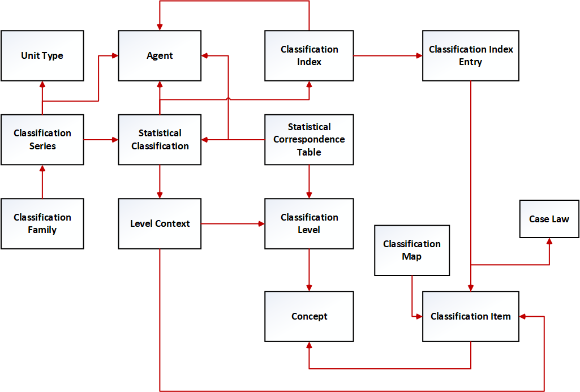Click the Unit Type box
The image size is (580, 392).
[x=42, y=55]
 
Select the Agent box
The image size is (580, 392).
[x=160, y=55]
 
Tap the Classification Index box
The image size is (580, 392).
[x=309, y=55]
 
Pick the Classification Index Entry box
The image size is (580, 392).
[x=470, y=55]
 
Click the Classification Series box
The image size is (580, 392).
[x=42, y=140]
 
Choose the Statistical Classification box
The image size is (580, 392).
[x=160, y=140]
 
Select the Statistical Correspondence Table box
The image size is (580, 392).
[x=309, y=140]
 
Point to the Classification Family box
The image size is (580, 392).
[x=42, y=223]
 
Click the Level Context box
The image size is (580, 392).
[x=160, y=223]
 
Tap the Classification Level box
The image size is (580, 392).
[x=309, y=223]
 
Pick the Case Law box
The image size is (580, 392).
[x=549, y=219]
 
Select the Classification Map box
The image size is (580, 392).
[x=412, y=250]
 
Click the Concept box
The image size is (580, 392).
[x=309, y=316]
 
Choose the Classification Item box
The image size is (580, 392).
[x=470, y=316]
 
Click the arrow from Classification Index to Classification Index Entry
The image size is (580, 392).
[x=388, y=55]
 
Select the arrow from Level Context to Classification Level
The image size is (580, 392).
[x=233, y=224]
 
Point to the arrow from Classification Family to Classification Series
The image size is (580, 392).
[x=42, y=182]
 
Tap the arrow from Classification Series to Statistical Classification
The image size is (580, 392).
[x=101, y=140]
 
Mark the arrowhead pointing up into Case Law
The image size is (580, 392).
[x=549, y=242]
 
